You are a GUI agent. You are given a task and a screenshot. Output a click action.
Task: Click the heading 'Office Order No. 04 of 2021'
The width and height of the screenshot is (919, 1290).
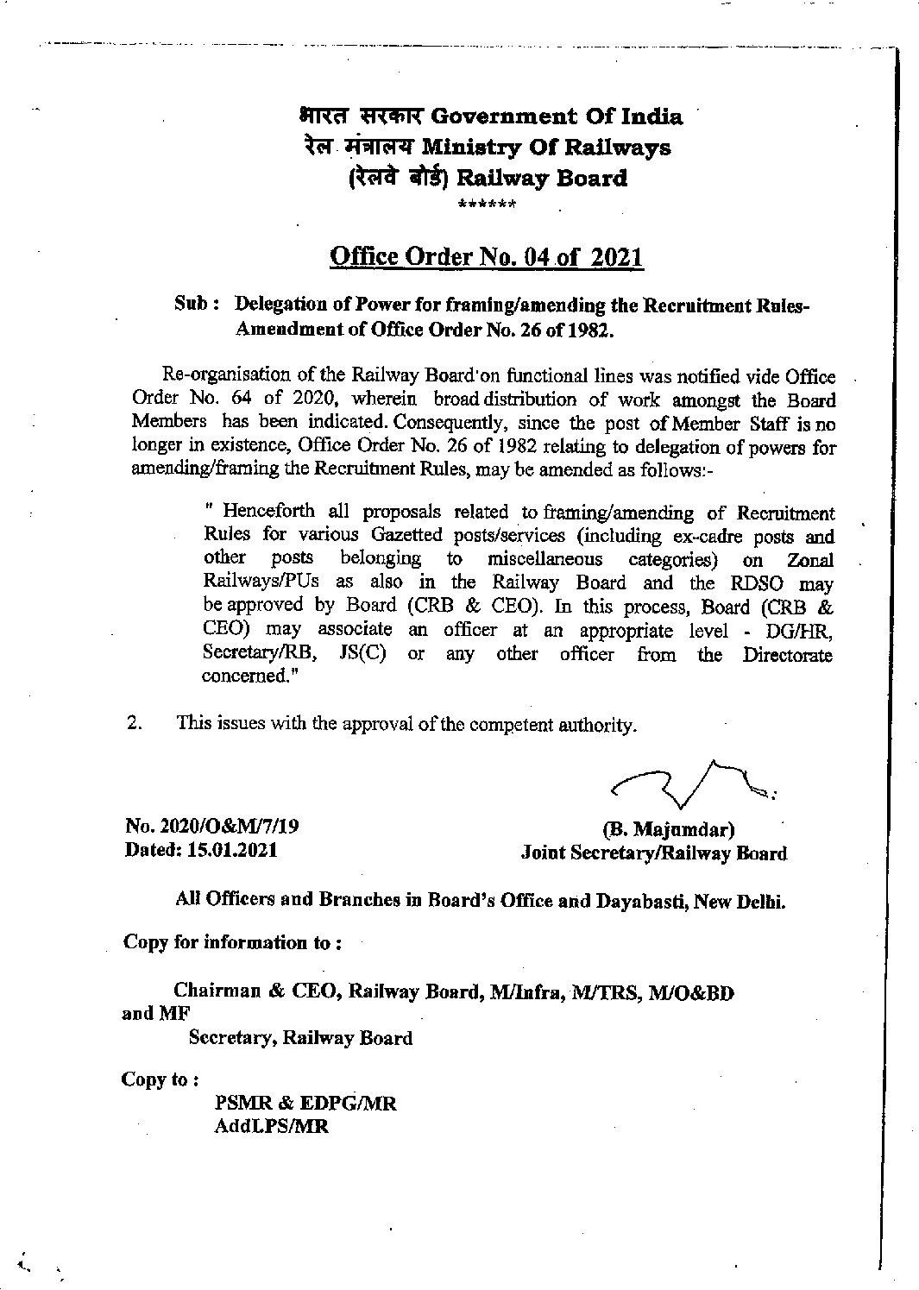pyautogui.click(x=488, y=257)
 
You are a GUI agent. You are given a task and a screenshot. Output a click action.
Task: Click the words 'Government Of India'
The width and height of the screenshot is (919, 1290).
pyautogui.click(x=557, y=116)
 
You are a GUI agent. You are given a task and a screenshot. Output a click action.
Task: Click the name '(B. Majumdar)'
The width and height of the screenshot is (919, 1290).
pyautogui.click(x=669, y=830)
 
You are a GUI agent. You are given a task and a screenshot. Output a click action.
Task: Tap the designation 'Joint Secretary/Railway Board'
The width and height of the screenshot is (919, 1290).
pyautogui.click(x=654, y=853)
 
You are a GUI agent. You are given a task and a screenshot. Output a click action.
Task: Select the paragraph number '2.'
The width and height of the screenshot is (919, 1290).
pyautogui.click(x=135, y=724)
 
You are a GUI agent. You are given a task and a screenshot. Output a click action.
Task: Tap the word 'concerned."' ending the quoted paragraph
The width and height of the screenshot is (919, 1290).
pyautogui.click(x=244, y=676)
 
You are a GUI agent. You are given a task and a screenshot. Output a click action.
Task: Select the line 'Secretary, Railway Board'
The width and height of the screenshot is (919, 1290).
pyautogui.click(x=300, y=1038)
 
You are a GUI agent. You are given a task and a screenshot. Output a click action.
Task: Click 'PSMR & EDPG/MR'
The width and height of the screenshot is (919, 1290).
pyautogui.click(x=305, y=1104)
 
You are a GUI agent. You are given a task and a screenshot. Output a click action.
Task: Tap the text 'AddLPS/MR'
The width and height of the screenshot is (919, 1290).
pyautogui.click(x=272, y=1128)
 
